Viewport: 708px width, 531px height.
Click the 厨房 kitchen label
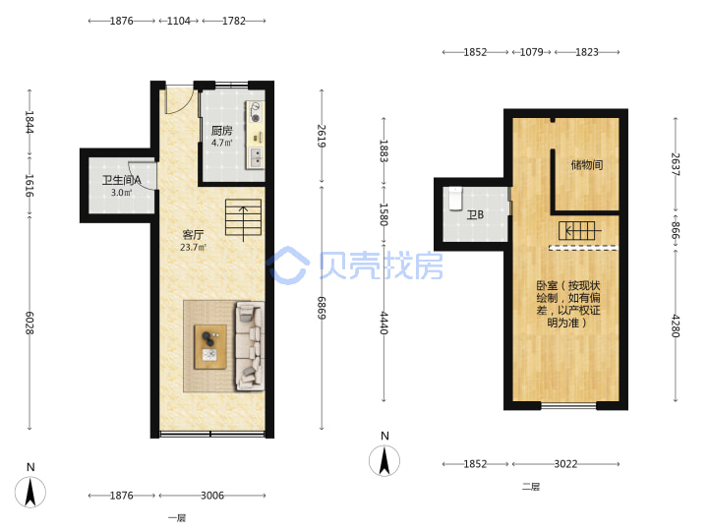coord(221,131)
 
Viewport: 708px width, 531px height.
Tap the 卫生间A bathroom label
coord(122,180)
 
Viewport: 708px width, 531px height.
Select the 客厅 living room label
coord(193,235)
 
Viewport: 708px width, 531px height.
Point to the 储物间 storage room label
coord(586,165)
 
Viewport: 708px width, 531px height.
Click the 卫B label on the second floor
coord(475,214)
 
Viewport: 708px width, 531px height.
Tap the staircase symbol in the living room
coord(244,217)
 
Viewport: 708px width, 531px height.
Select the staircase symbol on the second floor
coord(580,231)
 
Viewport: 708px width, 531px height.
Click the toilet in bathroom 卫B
coord(455,199)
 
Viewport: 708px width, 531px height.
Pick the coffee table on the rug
coord(210,347)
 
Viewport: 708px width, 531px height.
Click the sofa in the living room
coord(250,346)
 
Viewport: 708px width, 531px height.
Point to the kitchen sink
coord(257,156)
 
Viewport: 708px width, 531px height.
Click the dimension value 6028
coord(29,323)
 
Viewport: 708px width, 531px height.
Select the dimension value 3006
coord(212,496)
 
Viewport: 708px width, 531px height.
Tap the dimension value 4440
coord(383,323)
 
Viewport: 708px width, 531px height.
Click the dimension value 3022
coord(565,464)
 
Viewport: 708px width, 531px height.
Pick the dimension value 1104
coord(179,21)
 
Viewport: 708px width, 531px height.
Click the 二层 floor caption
coord(531,487)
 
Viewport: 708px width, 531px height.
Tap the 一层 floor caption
coord(177,518)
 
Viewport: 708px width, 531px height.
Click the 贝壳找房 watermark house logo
coord(288,265)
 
